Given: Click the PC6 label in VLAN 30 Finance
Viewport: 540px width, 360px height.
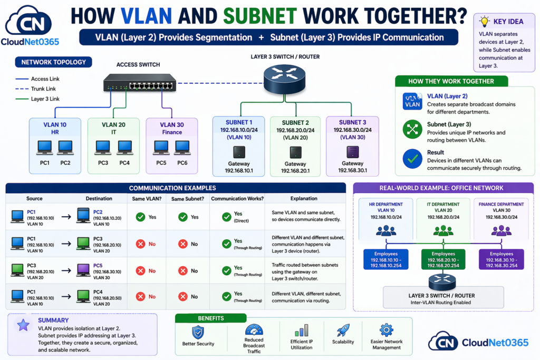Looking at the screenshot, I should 182,163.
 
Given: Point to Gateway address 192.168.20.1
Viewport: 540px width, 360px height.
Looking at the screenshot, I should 295,171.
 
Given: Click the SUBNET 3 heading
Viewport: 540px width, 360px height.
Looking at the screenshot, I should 352,122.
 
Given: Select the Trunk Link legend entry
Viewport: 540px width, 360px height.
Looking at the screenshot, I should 43,89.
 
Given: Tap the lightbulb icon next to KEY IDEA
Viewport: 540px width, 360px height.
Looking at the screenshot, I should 484,21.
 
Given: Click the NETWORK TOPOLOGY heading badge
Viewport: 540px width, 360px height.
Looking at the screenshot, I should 53,62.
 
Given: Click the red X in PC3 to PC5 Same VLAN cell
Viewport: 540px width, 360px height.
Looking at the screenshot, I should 141,270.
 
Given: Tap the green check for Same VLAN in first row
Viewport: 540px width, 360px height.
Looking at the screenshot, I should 141,217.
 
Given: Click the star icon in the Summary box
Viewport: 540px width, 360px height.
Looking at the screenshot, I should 23,325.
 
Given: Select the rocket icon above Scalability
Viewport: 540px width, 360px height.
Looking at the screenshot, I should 343,330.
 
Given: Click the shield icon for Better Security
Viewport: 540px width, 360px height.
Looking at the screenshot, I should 198,332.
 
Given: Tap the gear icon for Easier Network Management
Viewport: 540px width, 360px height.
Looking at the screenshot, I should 387,330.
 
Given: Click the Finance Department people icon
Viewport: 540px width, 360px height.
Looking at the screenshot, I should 501,230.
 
